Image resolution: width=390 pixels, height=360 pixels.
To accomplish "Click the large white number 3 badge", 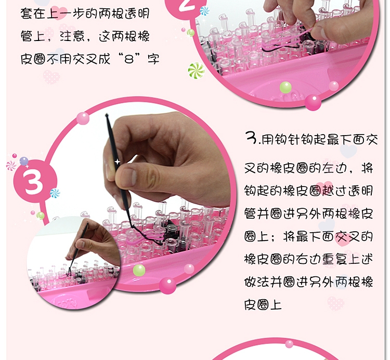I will click(33, 182).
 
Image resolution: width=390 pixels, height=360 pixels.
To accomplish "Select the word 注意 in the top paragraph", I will click(95, 36).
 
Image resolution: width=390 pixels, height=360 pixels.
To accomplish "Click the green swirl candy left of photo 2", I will click(196, 70).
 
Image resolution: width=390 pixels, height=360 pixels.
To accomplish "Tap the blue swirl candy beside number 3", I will click(55, 193).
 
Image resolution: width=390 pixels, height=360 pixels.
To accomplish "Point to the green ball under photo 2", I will click(285, 87).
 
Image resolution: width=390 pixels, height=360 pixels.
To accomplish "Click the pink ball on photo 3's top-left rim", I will click(83, 118).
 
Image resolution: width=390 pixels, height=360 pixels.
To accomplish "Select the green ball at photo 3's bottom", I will click(139, 270).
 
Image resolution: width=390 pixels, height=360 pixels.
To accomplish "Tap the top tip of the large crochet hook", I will click(107, 115).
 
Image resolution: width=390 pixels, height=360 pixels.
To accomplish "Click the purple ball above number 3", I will click(23, 161).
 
